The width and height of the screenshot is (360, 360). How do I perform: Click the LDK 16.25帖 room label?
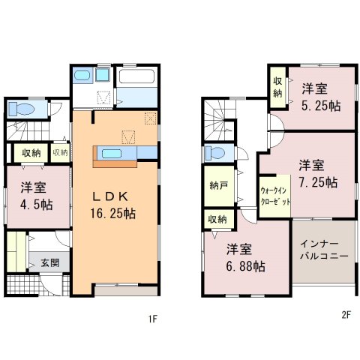[113, 205]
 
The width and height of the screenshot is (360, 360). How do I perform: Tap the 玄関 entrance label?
[50, 263]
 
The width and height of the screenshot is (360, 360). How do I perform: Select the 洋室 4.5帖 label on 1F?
[37, 196]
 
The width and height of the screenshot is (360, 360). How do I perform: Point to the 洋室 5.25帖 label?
[321, 97]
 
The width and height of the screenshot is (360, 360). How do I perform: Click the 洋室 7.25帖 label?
[318, 174]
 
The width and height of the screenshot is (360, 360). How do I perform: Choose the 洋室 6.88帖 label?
[245, 258]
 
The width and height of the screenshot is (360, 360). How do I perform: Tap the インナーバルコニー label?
[324, 250]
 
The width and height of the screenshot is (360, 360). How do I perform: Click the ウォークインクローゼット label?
[275, 196]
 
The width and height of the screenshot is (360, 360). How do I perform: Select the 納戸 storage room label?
[219, 185]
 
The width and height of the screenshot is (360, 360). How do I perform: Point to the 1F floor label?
[153, 319]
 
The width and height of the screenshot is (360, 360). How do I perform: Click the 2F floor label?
[346, 315]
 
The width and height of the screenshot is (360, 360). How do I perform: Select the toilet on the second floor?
[214, 153]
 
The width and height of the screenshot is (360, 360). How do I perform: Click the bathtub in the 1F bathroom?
[136, 76]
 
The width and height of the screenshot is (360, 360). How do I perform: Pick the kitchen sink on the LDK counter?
[112, 153]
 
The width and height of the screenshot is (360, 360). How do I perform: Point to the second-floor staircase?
[220, 121]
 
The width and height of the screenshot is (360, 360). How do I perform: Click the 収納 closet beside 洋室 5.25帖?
[277, 87]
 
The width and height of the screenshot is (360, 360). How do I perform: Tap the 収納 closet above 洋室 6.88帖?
[217, 220]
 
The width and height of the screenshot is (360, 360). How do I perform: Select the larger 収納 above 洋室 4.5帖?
[31, 153]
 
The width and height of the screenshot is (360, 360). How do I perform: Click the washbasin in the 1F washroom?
[82, 74]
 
